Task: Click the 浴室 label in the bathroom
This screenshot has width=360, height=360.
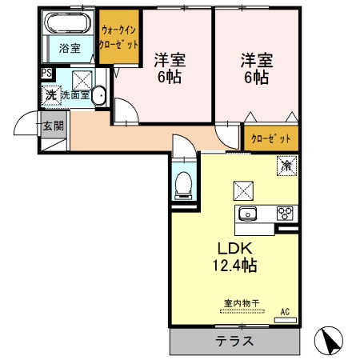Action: click(70, 48)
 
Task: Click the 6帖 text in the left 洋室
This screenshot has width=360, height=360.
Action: click(169, 79)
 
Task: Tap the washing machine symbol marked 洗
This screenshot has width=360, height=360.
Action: click(50, 95)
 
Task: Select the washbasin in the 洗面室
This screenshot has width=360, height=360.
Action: click(98, 97)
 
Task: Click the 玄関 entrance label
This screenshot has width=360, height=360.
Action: click(54, 125)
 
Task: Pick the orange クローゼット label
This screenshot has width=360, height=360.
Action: click(271, 138)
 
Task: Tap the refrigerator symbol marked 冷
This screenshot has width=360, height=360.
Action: click(286, 166)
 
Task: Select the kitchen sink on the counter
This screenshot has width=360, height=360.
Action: click(246, 213)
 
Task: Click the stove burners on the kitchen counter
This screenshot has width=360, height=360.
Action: click(285, 213)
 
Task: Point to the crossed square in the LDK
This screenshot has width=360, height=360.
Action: click(242, 190)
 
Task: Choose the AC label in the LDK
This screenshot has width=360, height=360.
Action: click(284, 312)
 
